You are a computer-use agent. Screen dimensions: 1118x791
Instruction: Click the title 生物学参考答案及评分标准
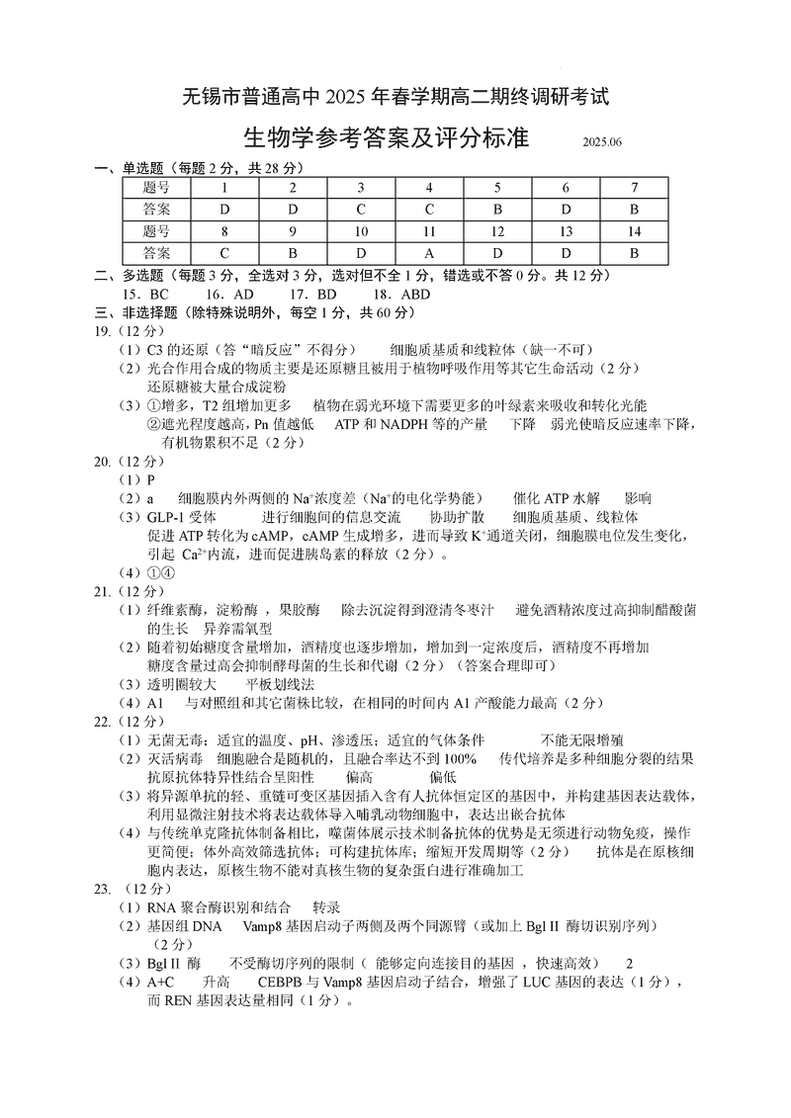coord(386,138)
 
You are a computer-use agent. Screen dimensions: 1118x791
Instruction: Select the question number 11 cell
coord(429,230)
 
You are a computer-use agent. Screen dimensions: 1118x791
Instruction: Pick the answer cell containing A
coord(429,252)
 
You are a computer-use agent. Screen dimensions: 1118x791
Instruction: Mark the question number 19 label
coord(102,331)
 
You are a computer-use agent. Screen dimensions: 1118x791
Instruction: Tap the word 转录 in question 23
coord(326,906)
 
